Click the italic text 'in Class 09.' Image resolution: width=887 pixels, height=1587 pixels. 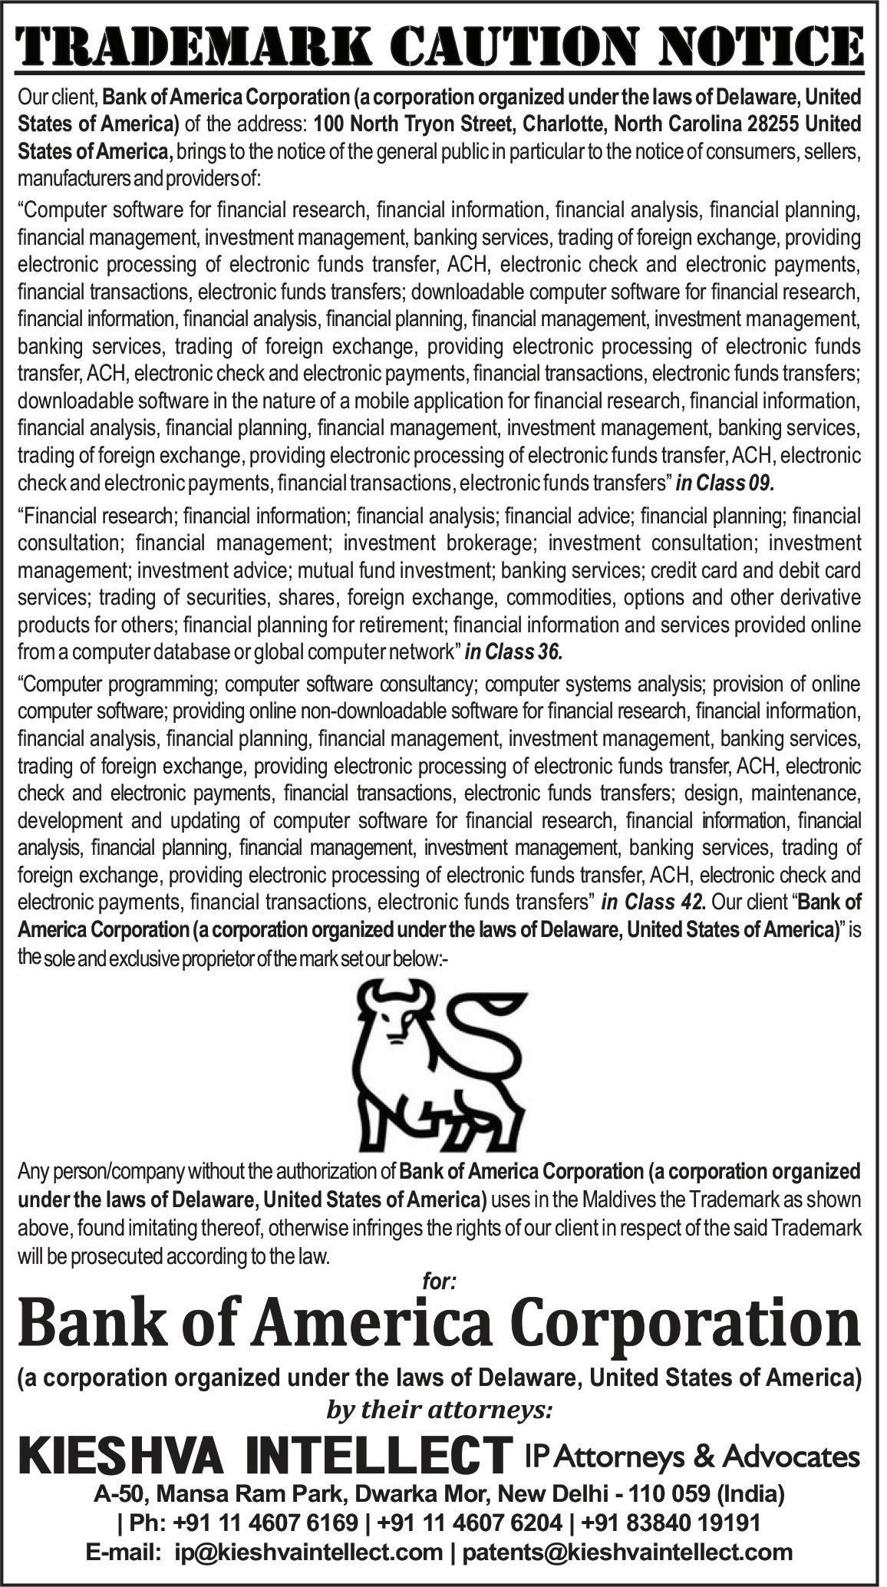point(726,483)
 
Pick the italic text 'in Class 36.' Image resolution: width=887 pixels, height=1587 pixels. point(513,653)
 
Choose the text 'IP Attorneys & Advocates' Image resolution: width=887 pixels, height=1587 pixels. point(691,1434)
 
